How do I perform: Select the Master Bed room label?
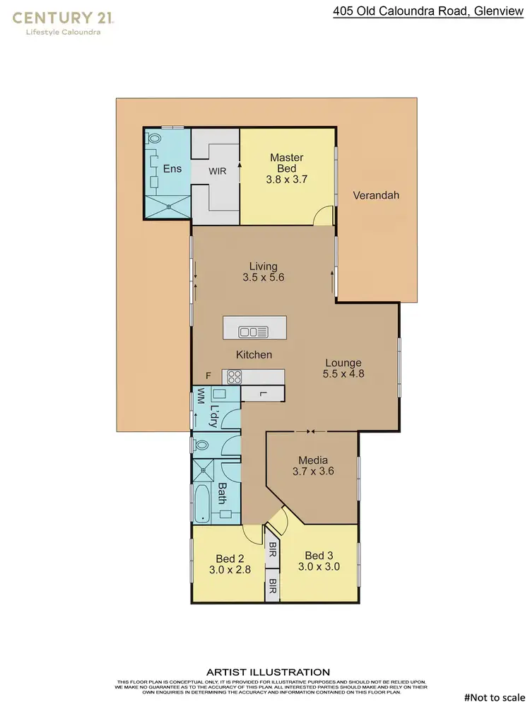(x=287, y=163)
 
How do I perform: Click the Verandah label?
(x=376, y=195)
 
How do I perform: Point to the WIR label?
(x=217, y=170)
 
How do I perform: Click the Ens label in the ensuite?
(x=172, y=168)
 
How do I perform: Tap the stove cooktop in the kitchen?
(x=233, y=376)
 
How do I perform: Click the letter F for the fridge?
(x=208, y=375)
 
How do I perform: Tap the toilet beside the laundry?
(x=201, y=445)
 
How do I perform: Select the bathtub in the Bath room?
(x=203, y=503)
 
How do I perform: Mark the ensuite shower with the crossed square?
(x=168, y=206)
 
